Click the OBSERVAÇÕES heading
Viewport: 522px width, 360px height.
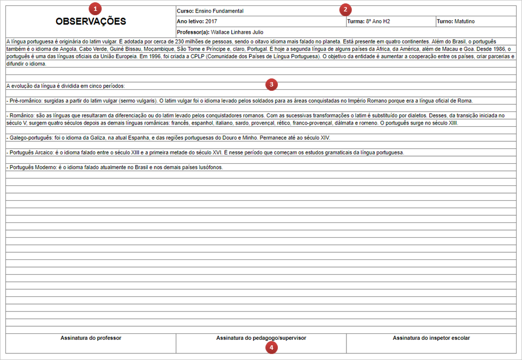point(91,22)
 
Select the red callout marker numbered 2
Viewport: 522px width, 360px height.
point(345,9)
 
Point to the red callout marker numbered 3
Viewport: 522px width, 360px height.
point(271,84)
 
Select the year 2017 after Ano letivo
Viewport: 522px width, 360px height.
point(212,22)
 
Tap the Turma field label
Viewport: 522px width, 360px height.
point(356,22)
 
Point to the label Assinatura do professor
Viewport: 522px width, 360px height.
point(91,338)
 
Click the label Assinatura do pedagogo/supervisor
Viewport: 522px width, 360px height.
point(260,338)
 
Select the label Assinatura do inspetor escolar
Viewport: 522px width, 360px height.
point(431,338)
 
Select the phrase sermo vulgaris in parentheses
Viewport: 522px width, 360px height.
point(138,101)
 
